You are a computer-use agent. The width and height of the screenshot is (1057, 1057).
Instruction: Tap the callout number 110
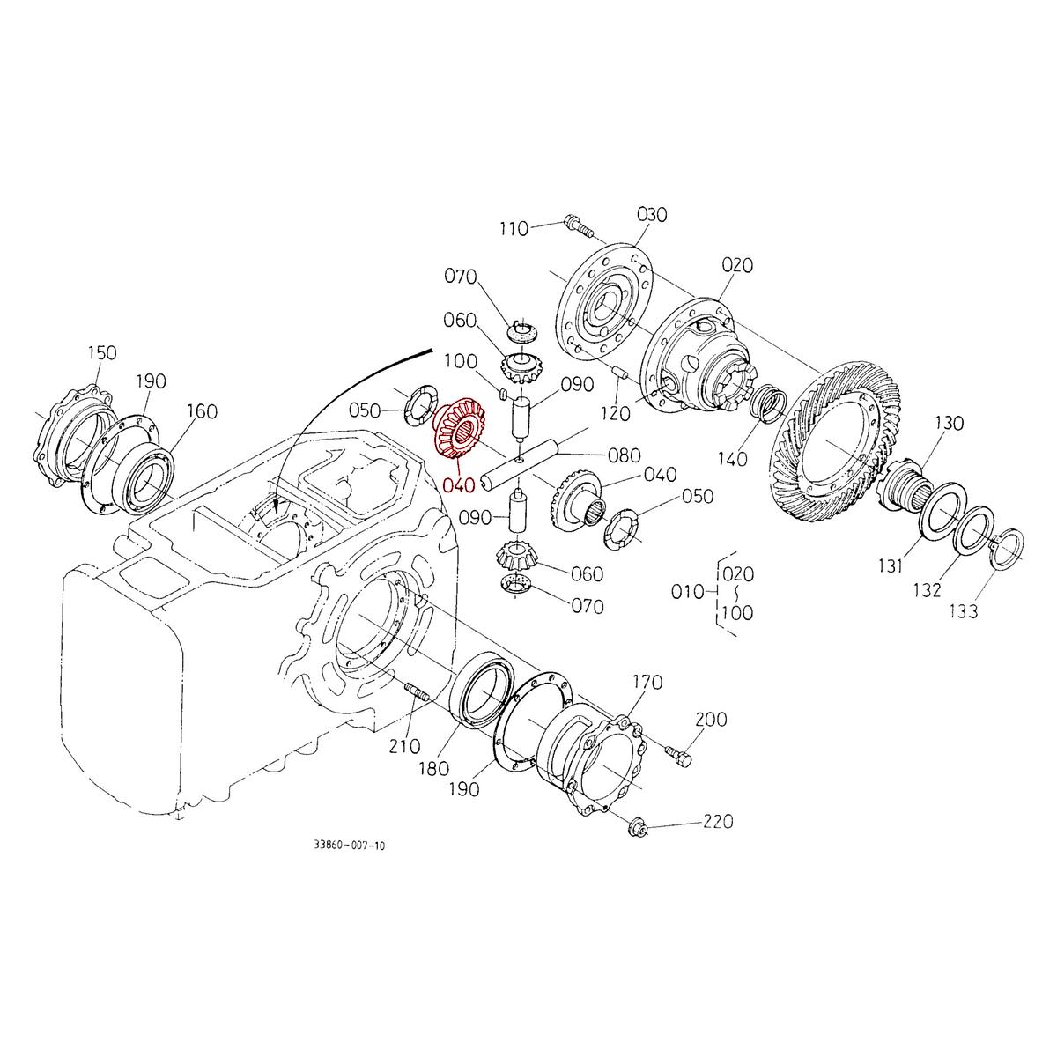point(513,229)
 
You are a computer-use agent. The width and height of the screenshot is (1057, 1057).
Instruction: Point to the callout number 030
point(651,215)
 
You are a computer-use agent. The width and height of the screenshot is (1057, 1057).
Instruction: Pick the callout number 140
point(732,458)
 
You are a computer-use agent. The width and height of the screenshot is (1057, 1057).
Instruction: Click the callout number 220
point(717,822)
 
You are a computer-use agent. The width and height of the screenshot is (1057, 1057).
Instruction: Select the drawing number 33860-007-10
point(349,845)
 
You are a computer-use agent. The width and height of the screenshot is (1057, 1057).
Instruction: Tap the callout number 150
point(101,353)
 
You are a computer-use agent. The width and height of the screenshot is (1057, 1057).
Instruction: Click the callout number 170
point(647,683)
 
